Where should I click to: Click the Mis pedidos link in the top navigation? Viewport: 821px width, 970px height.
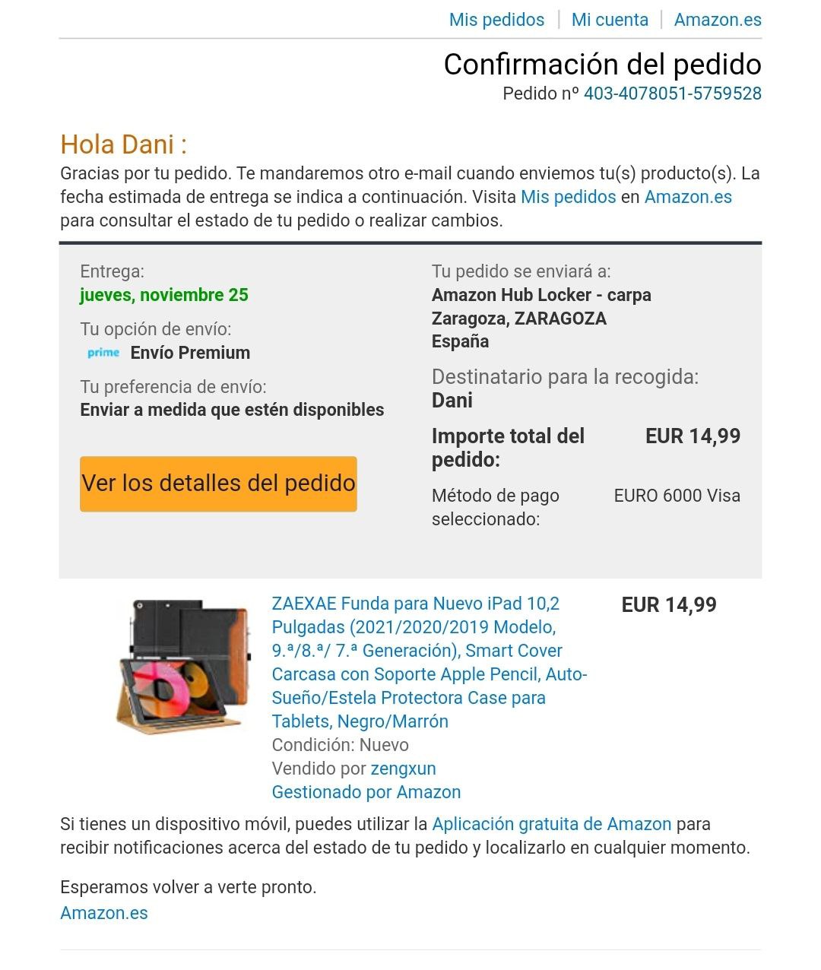pyautogui.click(x=496, y=20)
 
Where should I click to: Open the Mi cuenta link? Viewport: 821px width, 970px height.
pyautogui.click(x=610, y=20)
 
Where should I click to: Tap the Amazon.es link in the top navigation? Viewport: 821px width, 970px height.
pyautogui.click(x=718, y=20)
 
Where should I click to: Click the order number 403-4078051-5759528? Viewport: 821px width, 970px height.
pyautogui.click(x=672, y=94)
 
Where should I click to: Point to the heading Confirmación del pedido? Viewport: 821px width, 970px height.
pyautogui.click(x=602, y=65)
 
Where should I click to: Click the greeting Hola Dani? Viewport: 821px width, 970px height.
pyautogui.click(x=123, y=144)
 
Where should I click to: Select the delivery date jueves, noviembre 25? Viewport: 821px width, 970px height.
pyautogui.click(x=164, y=295)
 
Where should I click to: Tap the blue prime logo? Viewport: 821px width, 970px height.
pyautogui.click(x=103, y=353)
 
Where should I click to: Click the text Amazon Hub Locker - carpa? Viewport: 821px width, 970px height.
pyautogui.click(x=541, y=295)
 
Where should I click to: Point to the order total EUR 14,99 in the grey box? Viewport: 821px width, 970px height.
pyautogui.click(x=693, y=436)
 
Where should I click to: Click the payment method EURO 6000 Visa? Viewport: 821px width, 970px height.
pyautogui.click(x=677, y=496)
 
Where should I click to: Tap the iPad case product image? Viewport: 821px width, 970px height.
pyautogui.click(x=183, y=667)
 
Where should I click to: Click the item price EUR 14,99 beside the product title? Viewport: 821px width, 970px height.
pyautogui.click(x=669, y=605)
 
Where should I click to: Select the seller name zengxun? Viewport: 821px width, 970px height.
pyautogui.click(x=403, y=769)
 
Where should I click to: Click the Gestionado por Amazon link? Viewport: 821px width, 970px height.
pyautogui.click(x=366, y=792)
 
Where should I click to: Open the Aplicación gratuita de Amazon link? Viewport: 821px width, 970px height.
pyautogui.click(x=551, y=824)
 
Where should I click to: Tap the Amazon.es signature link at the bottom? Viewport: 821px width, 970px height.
pyautogui.click(x=104, y=913)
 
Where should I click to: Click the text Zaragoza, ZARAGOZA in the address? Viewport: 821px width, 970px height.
pyautogui.click(x=519, y=319)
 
